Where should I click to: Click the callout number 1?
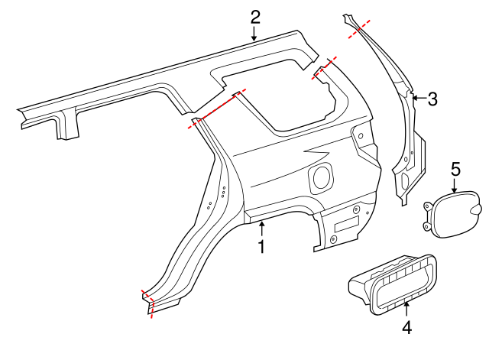pos(261,247)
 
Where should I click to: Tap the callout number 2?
pos(254,15)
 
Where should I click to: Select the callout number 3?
pos(432,98)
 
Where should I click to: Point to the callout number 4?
pos(406,328)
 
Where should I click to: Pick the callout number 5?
pos(455,167)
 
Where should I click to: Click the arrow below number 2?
pos(254,32)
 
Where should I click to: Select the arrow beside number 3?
pos(418,97)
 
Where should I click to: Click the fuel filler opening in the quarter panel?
pos(321,177)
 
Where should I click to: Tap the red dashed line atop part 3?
pos(360,28)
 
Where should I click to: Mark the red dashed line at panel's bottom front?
pos(148,303)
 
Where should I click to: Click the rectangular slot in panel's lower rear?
pos(347,225)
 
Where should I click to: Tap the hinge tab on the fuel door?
pos(476,209)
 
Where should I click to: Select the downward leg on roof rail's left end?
pos(66,127)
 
